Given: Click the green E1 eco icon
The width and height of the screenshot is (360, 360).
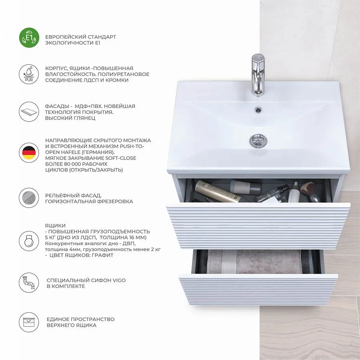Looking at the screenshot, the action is pyautogui.click(x=29, y=38).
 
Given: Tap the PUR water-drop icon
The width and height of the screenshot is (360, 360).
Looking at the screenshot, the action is pyautogui.click(x=29, y=74).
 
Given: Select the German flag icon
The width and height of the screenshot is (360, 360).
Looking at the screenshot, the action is pyautogui.click(x=29, y=153).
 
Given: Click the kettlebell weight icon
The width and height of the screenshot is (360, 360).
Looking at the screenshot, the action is pyautogui.click(x=29, y=241).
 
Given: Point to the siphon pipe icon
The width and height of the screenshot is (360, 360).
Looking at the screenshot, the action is pyautogui.click(x=29, y=283).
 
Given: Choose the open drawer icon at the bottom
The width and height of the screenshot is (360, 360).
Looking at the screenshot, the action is pyautogui.click(x=29, y=322).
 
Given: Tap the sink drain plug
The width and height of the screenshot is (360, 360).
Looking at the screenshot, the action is pyautogui.click(x=258, y=140).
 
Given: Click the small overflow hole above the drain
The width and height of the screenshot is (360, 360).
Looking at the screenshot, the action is pyautogui.click(x=258, y=110).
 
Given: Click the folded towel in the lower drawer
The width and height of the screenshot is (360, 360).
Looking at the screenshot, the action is pyautogui.click(x=254, y=261).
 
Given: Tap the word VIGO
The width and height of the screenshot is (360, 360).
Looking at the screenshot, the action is pyautogui.click(x=119, y=280).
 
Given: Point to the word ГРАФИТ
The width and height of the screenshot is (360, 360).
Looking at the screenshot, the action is pyautogui.click(x=103, y=255).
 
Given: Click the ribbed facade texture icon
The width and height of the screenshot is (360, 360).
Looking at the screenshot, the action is pyautogui.click(x=29, y=198).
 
